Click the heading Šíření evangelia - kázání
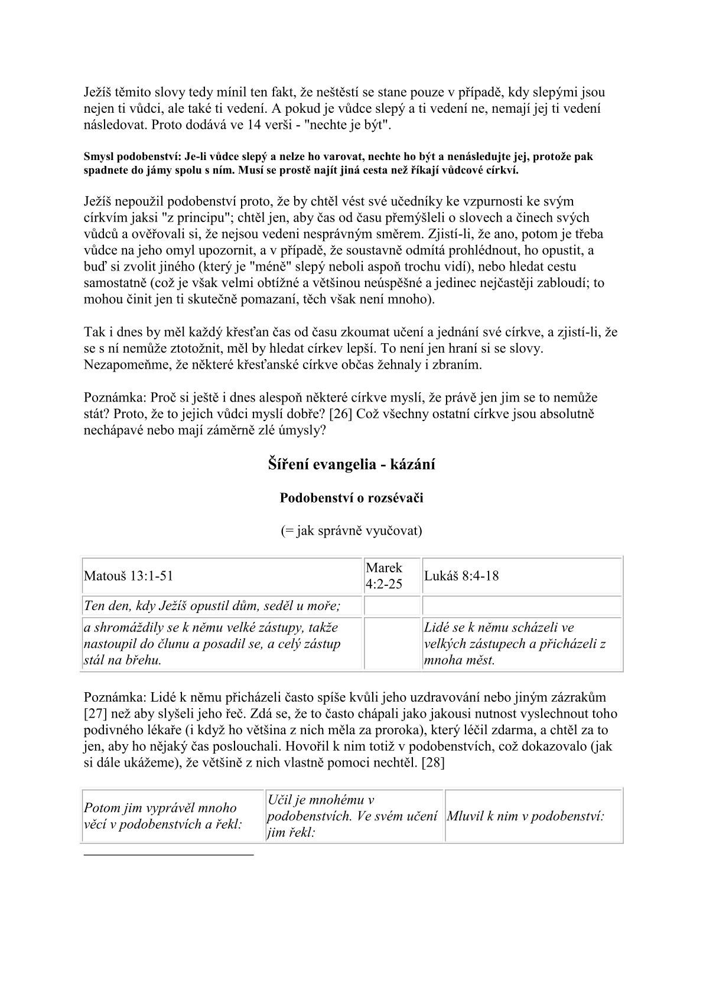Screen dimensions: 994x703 click(351, 465)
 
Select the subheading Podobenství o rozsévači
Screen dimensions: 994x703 click(351, 498)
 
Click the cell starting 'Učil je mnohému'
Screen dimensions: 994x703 click(352, 816)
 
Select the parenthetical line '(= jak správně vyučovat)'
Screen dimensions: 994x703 click(351, 531)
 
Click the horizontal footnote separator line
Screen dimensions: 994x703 click(168, 854)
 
